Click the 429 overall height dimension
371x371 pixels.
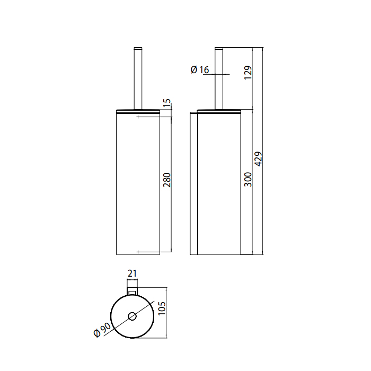coord(259,159)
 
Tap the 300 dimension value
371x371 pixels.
coord(248,180)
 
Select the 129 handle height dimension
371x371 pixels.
coord(248,73)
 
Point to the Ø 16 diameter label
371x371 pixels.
coord(200,69)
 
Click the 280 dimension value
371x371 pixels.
coord(167,180)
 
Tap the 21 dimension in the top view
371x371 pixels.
coord(132,273)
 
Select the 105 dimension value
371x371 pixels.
coord(162,308)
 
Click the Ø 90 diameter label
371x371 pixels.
coord(102,330)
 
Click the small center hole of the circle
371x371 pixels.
coord(132,316)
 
